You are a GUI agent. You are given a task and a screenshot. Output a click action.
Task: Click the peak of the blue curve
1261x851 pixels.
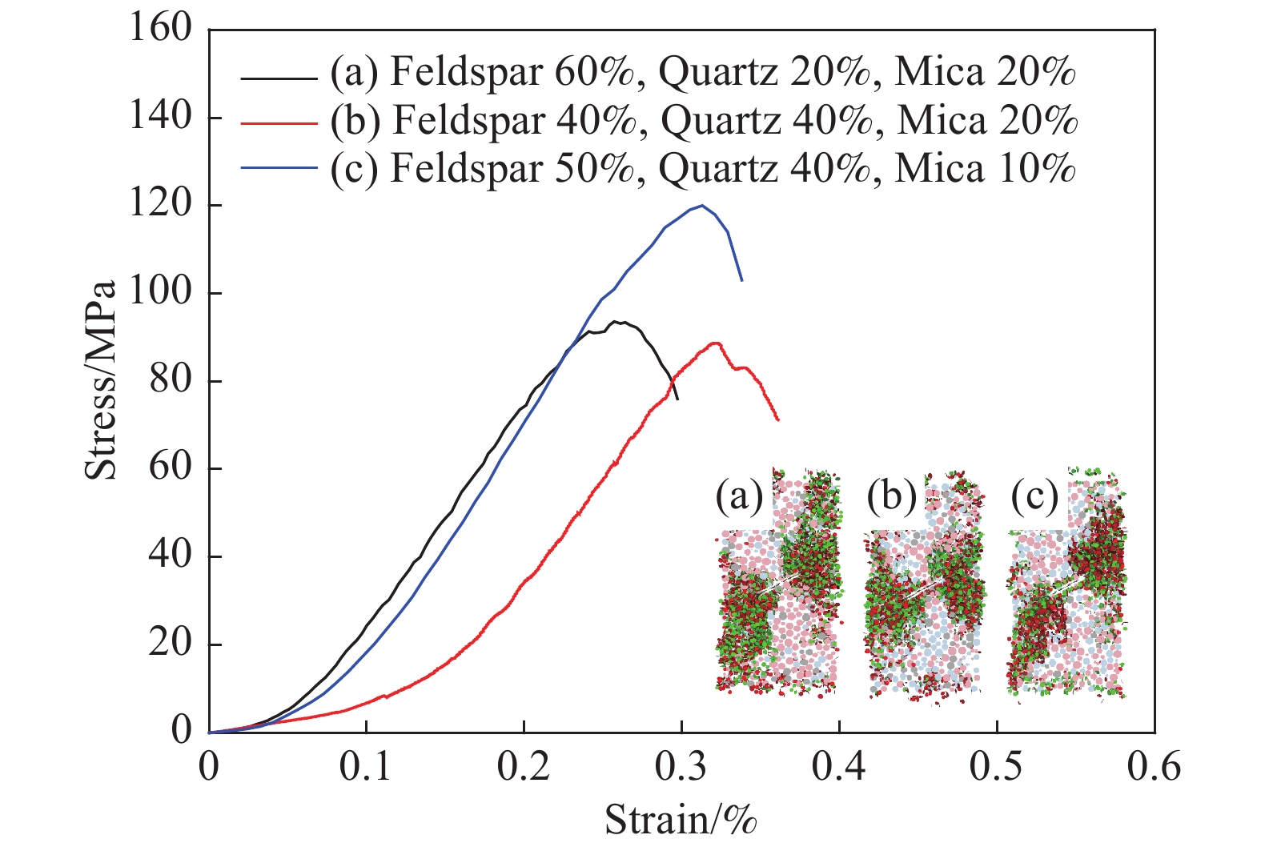tap(702, 205)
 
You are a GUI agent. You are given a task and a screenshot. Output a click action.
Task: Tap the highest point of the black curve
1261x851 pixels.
tap(616, 322)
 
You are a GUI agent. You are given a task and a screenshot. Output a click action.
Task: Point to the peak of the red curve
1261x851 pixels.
tap(715, 343)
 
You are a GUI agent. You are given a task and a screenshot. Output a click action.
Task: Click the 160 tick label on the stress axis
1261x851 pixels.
tap(161, 29)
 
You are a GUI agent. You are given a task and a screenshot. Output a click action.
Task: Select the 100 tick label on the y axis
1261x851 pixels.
tap(161, 292)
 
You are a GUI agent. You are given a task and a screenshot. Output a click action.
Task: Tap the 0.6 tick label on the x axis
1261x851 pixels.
tap(1155, 767)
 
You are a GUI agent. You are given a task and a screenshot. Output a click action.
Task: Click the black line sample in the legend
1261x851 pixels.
tap(279, 78)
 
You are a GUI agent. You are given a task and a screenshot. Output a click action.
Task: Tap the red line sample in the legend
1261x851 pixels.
tap(279, 122)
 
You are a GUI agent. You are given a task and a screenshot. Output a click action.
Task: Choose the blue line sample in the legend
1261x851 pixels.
tap(279, 167)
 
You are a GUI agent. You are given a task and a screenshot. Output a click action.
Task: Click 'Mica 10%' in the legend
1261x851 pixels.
tap(985, 168)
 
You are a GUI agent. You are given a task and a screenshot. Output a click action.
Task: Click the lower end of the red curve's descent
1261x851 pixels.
tap(777, 419)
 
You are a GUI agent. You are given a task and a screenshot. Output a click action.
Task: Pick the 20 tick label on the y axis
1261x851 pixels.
tap(169, 644)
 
